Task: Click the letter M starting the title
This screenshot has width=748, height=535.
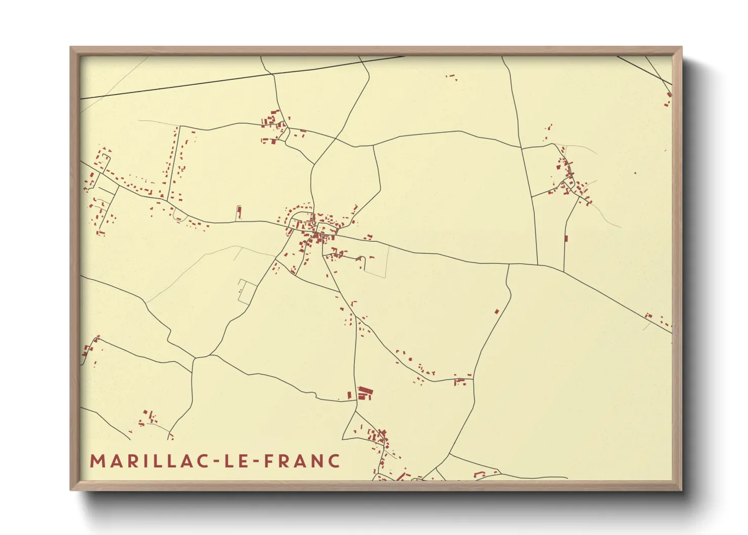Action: click(x=98, y=461)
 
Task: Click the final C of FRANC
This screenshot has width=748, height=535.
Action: click(x=334, y=461)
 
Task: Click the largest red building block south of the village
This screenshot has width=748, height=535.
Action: click(x=365, y=392)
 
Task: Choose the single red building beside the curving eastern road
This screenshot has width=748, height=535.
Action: click(x=497, y=311)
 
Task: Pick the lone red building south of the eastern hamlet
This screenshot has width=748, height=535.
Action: click(x=566, y=238)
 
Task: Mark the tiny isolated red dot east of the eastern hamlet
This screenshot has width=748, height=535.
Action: click(x=635, y=173)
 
